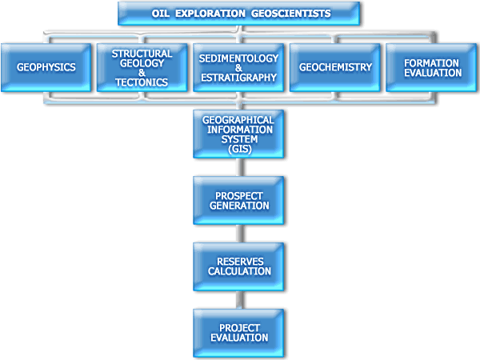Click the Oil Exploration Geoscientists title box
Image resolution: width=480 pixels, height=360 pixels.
click(x=238, y=14)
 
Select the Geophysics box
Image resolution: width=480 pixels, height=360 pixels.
click(x=46, y=67)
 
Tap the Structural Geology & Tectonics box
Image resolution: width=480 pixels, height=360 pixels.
click(x=142, y=67)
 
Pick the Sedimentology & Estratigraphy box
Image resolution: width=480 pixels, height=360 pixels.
click(x=238, y=67)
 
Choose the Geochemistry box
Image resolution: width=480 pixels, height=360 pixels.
click(x=335, y=67)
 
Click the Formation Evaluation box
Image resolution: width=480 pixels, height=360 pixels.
click(x=431, y=67)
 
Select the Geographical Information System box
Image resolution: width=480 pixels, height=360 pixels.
click(x=238, y=134)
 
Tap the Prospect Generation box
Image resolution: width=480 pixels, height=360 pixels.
click(x=238, y=201)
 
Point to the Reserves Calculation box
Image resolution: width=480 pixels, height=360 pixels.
click(x=238, y=266)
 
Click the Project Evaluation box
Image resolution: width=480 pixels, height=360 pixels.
click(x=238, y=333)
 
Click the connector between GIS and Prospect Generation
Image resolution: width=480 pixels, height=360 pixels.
click(x=240, y=167)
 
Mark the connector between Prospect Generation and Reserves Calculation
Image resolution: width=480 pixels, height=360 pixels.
click(x=240, y=234)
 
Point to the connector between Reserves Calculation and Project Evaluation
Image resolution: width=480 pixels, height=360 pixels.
click(x=240, y=300)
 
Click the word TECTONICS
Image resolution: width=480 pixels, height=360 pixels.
click(x=142, y=82)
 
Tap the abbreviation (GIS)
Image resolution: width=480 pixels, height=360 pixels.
click(x=240, y=149)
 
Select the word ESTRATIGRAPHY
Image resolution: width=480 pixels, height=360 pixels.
click(x=238, y=78)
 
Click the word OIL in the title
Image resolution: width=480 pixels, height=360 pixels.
click(x=161, y=14)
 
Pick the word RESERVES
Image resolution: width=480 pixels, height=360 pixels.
click(x=240, y=262)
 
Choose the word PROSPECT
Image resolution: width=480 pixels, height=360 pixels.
click(x=239, y=196)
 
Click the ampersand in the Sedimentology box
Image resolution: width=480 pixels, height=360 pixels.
click(x=238, y=68)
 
